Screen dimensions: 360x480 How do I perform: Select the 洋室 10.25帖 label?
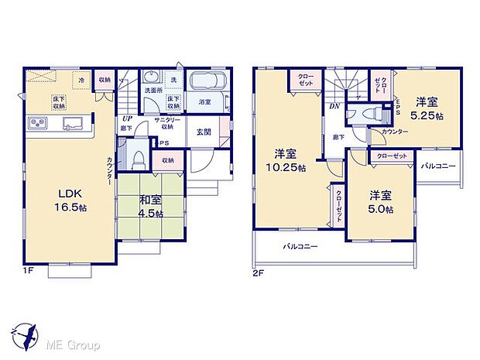pyautogui.click(x=286, y=159)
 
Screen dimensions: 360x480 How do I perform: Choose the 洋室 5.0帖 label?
pyautogui.click(x=381, y=201)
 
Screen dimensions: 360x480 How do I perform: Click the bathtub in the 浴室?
pyautogui.click(x=205, y=83)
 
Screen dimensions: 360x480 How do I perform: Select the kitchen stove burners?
pyautogui.click(x=37, y=123)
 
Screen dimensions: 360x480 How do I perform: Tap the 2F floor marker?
pyautogui.click(x=259, y=272)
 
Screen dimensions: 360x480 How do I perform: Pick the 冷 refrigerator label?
pyautogui.click(x=81, y=79)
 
